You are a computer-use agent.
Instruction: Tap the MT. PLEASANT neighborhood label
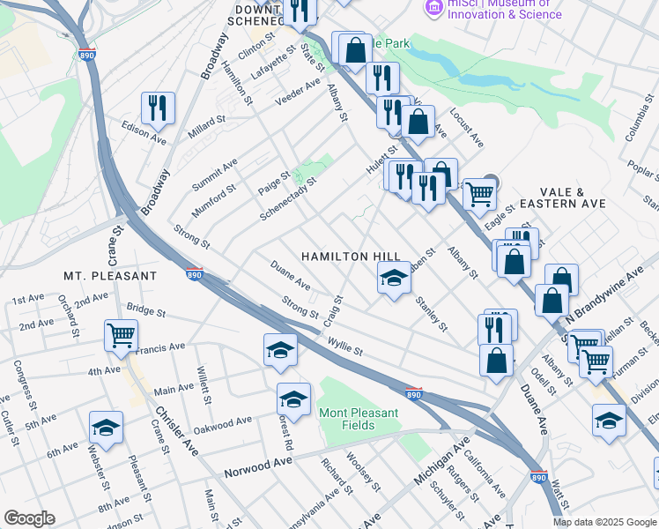110,276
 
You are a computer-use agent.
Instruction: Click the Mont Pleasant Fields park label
359,419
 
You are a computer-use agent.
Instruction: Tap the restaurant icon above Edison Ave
158,108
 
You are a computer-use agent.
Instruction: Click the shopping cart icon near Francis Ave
121,335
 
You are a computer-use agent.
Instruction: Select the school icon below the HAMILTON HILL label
394,279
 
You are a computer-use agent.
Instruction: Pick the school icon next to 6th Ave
107,428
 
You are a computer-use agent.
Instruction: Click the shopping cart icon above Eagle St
478,192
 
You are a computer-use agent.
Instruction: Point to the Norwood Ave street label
257,463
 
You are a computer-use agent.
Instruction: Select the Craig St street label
332,309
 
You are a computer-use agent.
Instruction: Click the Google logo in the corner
29,518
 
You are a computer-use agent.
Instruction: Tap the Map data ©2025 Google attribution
603,522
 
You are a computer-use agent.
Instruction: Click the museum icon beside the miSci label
433,7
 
